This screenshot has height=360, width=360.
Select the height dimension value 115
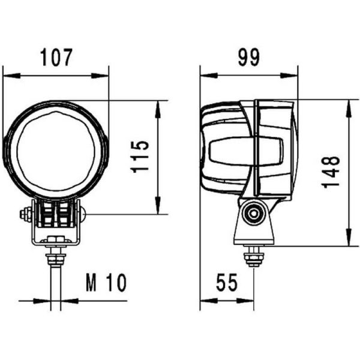(140, 157)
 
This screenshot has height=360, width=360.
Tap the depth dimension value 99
(248, 58)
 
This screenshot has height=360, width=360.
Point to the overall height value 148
(331, 172)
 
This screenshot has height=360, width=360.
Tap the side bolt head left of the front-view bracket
(26, 214)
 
